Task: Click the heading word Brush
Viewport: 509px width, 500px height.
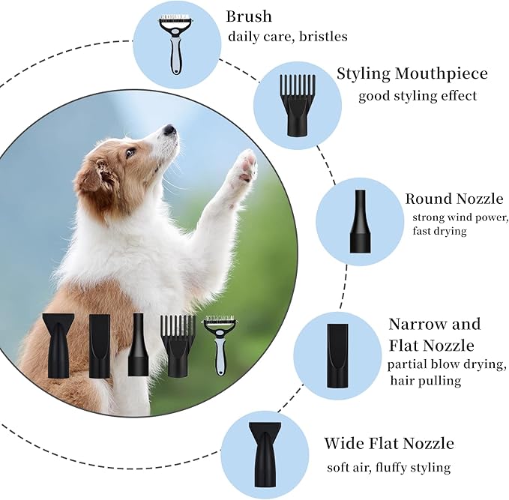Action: click(248, 16)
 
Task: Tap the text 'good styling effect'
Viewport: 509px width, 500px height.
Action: click(417, 95)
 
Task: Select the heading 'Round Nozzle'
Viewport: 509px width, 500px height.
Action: click(454, 199)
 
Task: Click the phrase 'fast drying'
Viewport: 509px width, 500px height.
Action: click(439, 231)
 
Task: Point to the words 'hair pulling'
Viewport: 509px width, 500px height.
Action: click(425, 381)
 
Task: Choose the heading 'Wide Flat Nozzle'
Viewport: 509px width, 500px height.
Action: click(389, 443)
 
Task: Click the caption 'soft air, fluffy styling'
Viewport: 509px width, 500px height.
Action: click(388, 467)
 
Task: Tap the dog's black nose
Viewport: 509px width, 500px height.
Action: click(170, 130)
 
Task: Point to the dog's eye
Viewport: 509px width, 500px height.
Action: click(131, 152)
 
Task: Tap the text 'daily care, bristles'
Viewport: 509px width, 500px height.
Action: click(288, 37)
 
